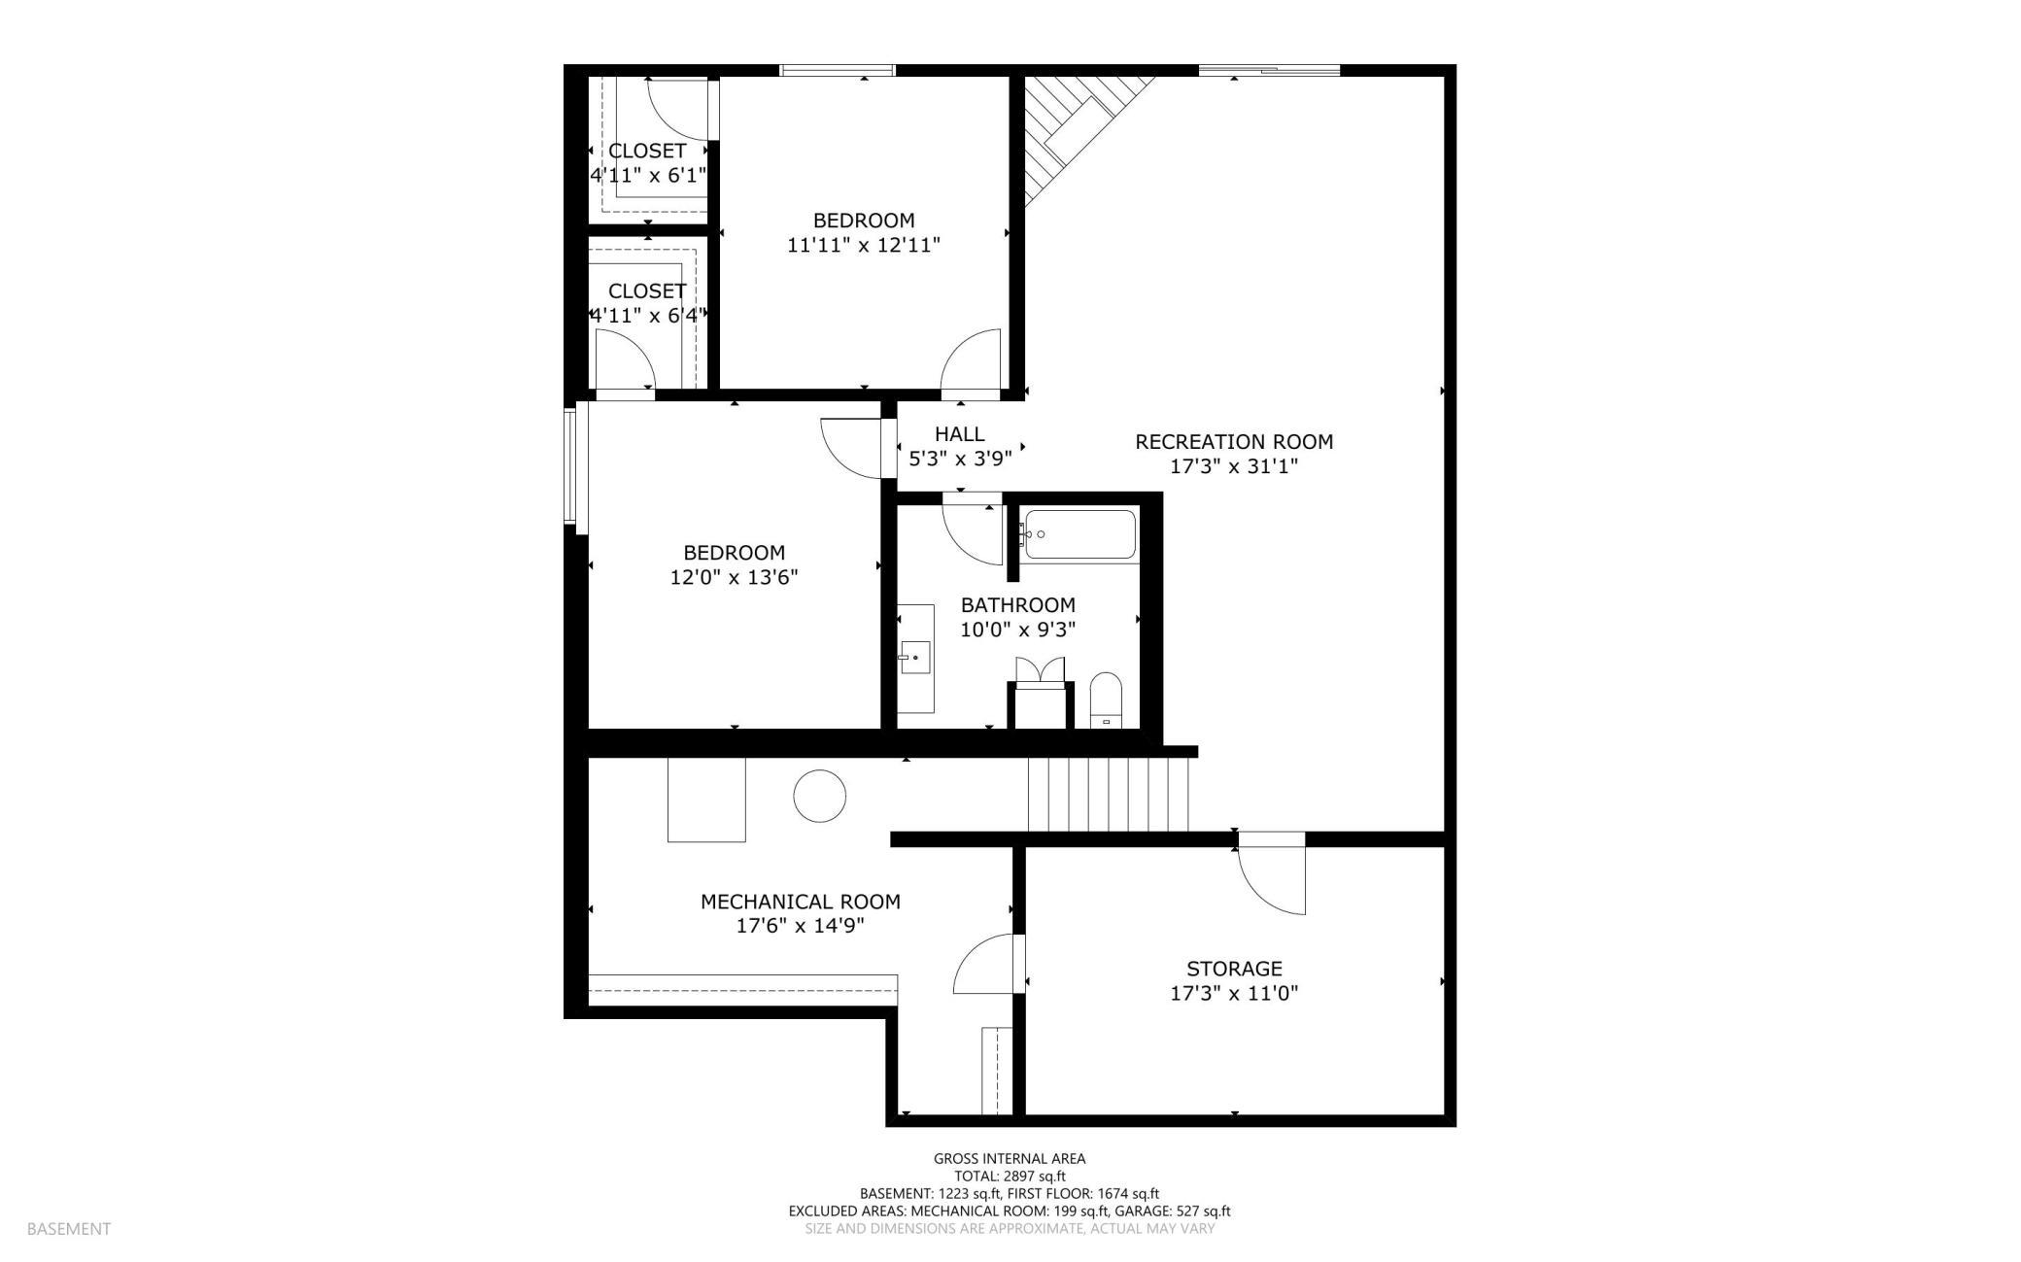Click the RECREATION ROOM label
(x=1234, y=442)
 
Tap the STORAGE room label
(x=1234, y=969)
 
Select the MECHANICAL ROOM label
(x=801, y=902)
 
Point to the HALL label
(x=959, y=434)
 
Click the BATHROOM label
(x=1018, y=604)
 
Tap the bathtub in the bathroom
(x=1078, y=534)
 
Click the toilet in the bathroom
(x=1106, y=699)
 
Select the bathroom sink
(x=914, y=658)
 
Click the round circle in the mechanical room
(x=819, y=797)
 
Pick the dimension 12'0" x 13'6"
(x=735, y=577)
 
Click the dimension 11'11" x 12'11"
(x=864, y=245)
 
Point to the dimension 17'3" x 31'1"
(x=1234, y=466)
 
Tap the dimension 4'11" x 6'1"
(x=648, y=176)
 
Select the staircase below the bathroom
(x=1109, y=795)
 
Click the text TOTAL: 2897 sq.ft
(x=1010, y=1176)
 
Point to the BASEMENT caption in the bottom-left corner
(x=69, y=1229)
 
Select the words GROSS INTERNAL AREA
(x=1010, y=1158)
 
